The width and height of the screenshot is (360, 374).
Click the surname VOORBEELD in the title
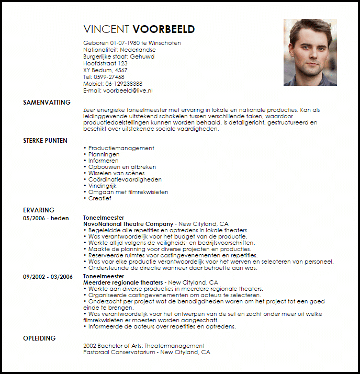[164, 29]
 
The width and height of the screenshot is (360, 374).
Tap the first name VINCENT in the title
[106, 29]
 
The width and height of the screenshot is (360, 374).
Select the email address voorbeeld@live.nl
[132, 90]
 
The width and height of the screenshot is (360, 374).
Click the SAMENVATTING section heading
[47, 103]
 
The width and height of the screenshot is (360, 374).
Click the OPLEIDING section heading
[39, 338]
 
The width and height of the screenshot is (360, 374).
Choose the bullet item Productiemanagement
[121, 149]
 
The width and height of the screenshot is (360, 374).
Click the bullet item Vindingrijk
[104, 186]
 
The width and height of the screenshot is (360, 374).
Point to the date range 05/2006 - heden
[46, 218]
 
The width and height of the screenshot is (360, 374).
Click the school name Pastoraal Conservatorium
[120, 353]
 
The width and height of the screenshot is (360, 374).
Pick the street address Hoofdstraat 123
[105, 63]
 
